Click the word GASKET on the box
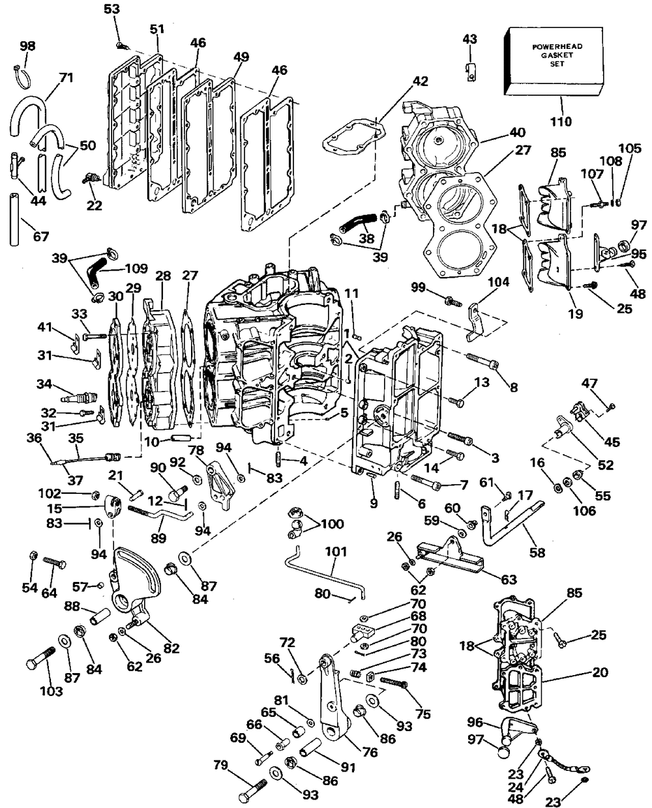(557, 55)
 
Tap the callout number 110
(561, 122)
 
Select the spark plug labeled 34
(80, 397)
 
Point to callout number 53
(111, 8)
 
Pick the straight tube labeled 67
(14, 220)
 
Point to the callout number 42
(420, 81)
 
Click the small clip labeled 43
(470, 71)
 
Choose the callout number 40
(518, 132)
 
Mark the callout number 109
(136, 268)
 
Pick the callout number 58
(537, 553)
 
